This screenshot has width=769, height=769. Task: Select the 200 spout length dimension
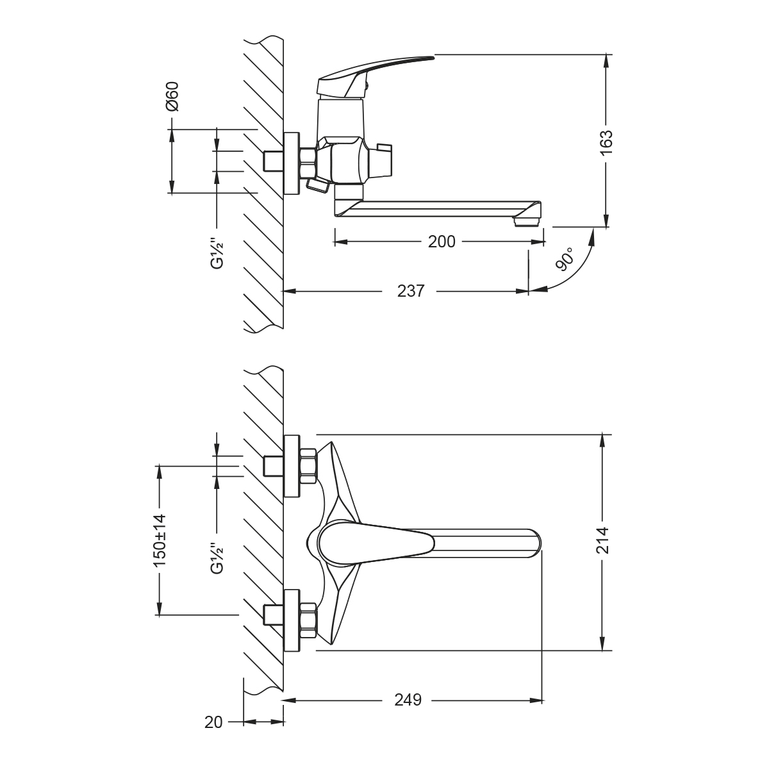coord(442,242)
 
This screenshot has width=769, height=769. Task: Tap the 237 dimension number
coord(411,291)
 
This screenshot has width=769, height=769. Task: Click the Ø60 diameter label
coord(171,97)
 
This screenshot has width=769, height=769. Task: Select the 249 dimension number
coord(408,700)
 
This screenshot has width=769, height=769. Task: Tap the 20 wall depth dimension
coord(213,722)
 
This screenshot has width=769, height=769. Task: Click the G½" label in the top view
coord(217,556)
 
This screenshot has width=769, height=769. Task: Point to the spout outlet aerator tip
coord(527,220)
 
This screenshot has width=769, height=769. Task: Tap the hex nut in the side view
coord(308,162)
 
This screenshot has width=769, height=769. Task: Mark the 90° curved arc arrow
coord(580,270)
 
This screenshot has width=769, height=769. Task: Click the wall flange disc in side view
coord(292,163)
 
